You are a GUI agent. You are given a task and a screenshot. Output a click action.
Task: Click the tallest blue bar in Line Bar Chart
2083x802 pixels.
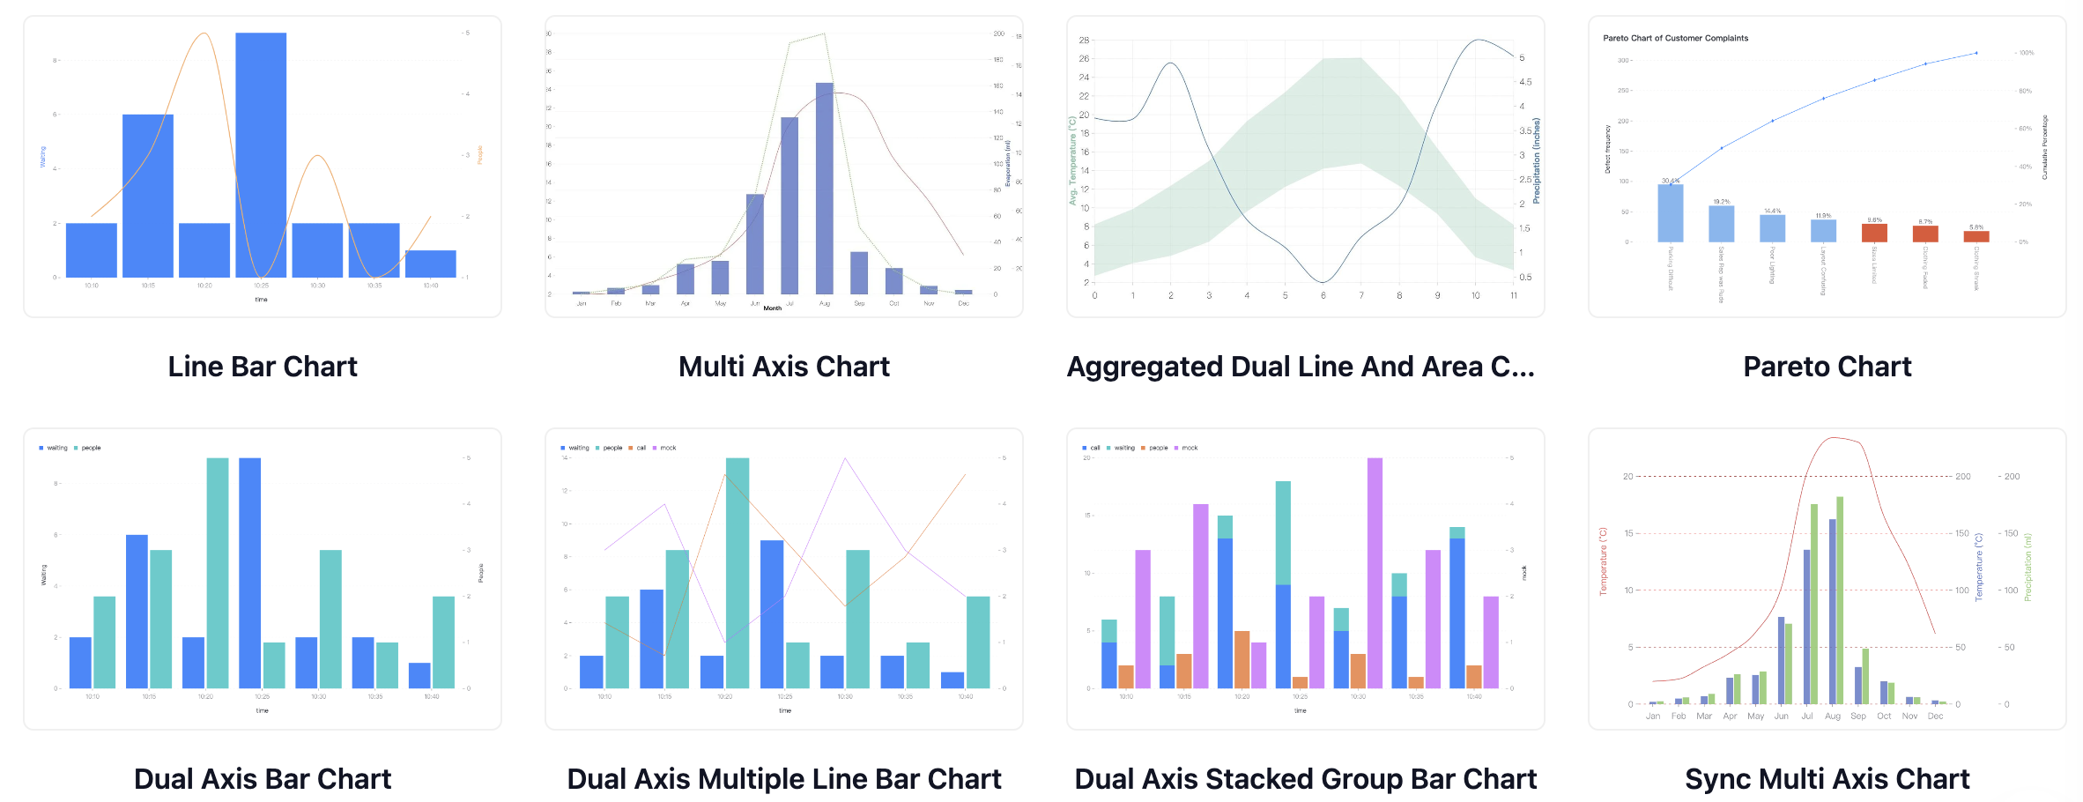[261, 154]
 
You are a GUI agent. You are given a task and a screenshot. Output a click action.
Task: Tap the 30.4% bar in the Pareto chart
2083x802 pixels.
[1670, 212]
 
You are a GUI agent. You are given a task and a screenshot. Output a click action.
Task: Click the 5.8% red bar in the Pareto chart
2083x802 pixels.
[1976, 236]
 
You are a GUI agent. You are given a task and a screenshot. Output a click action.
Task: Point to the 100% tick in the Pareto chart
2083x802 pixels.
[2027, 53]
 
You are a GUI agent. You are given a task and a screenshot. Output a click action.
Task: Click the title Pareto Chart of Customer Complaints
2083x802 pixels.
[1675, 38]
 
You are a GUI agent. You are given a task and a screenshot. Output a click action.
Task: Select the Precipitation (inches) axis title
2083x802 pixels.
[1537, 160]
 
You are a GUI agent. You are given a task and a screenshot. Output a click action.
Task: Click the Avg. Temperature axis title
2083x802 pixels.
[1072, 160]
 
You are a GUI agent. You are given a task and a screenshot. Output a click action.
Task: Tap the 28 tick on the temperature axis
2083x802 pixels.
[1084, 41]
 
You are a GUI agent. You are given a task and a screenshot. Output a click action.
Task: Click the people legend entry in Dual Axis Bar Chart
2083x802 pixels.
[91, 448]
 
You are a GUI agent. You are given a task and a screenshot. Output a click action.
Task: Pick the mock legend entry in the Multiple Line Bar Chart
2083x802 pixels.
[668, 448]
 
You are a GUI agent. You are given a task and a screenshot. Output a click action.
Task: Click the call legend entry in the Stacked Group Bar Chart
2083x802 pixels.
[1094, 448]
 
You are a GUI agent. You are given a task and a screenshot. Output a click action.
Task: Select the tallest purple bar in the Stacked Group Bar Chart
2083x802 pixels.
[1375, 573]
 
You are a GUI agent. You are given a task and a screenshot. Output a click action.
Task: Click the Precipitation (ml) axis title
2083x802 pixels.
[2027, 568]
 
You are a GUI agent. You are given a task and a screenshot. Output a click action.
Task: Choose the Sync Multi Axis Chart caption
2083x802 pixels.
[1827, 779]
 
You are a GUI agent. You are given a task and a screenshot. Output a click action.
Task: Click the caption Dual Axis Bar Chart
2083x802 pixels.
[263, 779]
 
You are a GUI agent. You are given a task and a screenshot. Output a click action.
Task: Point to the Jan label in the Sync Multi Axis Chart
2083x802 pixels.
[1653, 717]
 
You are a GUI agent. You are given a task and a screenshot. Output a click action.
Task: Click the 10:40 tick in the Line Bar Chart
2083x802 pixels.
[431, 286]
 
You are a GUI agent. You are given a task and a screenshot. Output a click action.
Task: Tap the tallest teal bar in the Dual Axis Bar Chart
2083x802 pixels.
[218, 573]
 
